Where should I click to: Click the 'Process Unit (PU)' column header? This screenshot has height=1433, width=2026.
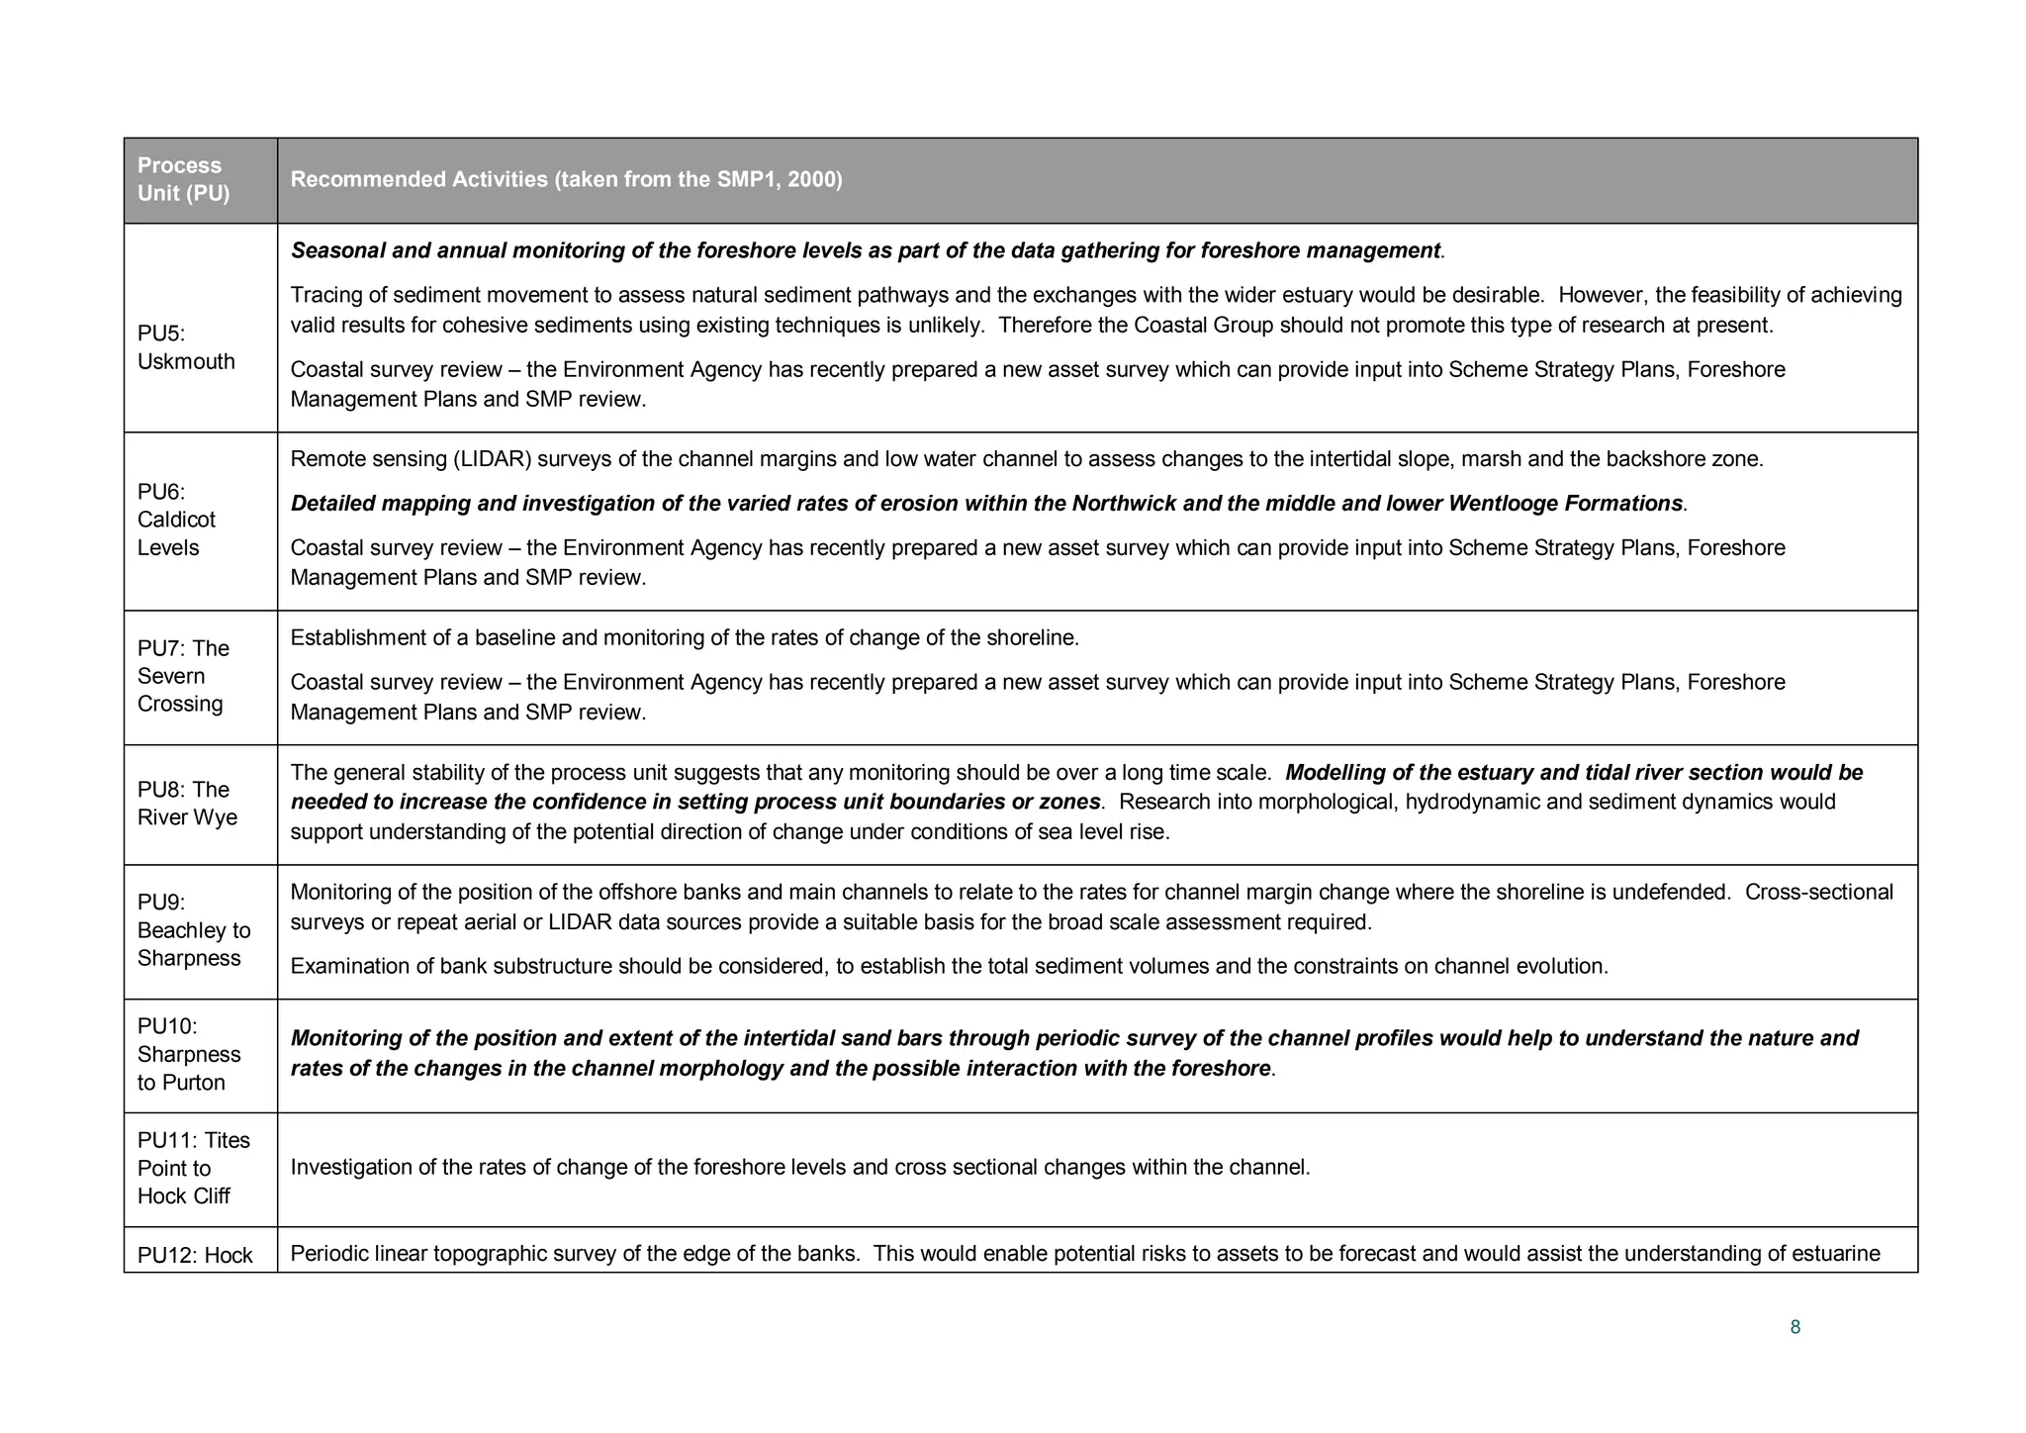183,179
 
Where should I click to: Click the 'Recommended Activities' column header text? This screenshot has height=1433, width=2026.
566,179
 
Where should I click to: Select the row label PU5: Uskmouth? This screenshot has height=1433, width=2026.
186,347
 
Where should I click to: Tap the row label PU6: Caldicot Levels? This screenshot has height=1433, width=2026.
176,520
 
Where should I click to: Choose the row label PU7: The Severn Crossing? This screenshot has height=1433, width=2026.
183,676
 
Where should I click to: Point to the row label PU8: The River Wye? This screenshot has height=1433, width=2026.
187,804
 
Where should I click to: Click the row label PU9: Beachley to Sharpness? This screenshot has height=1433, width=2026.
193,930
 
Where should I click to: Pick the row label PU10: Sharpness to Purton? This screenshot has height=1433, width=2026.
188,1054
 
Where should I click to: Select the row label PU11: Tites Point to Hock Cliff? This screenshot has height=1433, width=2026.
193,1168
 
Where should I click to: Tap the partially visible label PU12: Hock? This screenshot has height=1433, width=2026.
195,1255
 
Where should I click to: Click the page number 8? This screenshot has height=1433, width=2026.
1796,1327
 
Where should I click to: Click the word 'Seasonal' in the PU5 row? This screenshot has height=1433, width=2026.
337,250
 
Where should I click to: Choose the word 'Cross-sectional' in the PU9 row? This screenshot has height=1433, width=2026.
1818,893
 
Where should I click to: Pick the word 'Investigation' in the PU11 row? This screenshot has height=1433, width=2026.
351,1168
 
